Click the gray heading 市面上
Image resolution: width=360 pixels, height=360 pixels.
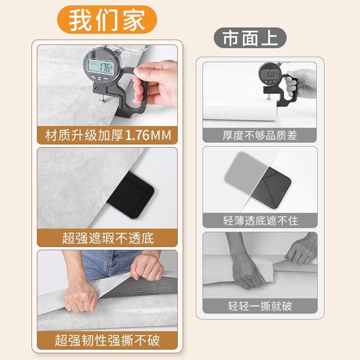tap(250, 38)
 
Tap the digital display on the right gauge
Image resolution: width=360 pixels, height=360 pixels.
tap(270, 74)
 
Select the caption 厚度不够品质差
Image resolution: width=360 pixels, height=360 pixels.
tap(260, 135)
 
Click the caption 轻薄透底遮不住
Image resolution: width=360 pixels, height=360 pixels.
tap(260, 220)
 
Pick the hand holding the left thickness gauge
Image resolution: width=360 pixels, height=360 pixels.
tap(157, 81)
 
